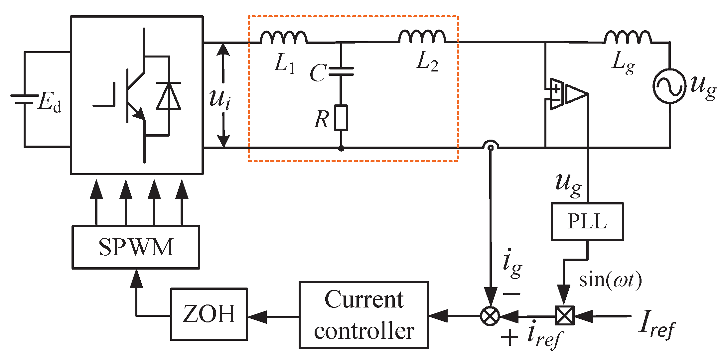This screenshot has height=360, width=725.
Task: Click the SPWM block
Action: coord(136,247)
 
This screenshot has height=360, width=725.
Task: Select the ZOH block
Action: coord(209,314)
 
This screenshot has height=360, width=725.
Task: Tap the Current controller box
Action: coord(363,315)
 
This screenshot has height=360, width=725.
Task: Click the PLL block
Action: coord(587,221)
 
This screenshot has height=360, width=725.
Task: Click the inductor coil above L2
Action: coord(422,36)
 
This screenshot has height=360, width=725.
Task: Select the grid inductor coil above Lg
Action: coord(627,37)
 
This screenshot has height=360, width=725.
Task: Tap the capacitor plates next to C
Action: coord(341,71)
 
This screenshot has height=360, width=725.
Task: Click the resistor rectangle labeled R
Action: coord(341,118)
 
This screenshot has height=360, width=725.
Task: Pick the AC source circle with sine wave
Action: coord(669,86)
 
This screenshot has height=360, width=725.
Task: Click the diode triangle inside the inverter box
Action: coord(169,96)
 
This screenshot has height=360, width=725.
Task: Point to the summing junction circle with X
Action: coord(490,316)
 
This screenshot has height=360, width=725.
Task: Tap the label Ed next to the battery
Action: coord(49,102)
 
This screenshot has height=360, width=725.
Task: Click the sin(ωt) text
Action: coord(610,280)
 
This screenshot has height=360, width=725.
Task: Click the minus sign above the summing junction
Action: coord(511,294)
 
